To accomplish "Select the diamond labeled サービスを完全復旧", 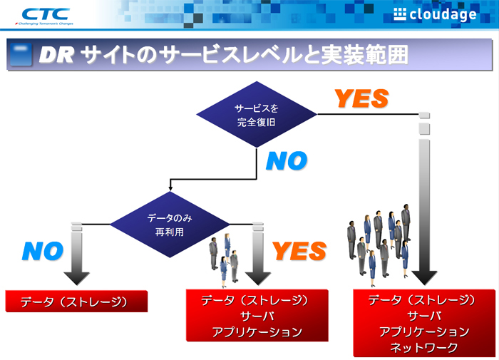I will point(256,114).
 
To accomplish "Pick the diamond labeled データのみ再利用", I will point(170,224).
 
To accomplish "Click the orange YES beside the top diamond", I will point(361,98).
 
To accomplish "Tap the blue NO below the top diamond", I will point(287,161).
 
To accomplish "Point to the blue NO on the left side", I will point(43,251).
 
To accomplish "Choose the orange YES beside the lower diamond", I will point(299,251).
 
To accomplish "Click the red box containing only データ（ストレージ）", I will point(76,302).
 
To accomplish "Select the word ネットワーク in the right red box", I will point(423,347).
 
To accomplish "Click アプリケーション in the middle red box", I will point(257,331).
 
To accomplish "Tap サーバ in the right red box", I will point(423,316).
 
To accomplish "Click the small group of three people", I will point(224,259).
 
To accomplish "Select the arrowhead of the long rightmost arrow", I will point(424,276).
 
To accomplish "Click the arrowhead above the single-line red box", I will point(76,277).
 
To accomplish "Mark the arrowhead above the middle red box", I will point(257,277).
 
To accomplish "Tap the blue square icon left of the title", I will point(21,56).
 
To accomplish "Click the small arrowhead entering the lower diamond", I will point(170,189).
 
